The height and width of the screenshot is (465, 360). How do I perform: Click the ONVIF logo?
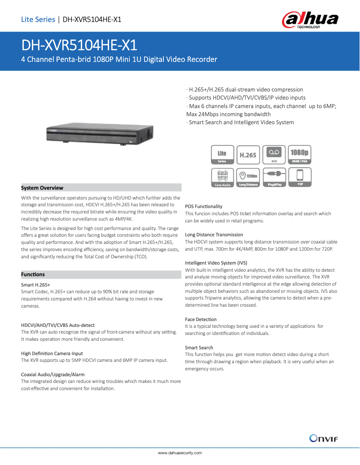click(323, 438)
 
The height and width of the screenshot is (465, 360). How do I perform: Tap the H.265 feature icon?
click(248, 155)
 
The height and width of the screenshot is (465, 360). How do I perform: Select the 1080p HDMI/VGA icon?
click(299, 155)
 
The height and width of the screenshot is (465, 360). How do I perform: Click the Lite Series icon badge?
click(222, 155)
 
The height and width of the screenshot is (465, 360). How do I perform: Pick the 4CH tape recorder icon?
click(274, 155)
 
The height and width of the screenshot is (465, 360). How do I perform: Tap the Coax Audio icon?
click(222, 177)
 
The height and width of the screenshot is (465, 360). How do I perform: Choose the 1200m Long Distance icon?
click(248, 177)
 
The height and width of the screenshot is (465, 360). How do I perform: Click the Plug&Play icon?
click(274, 177)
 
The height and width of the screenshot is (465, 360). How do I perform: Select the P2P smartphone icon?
click(299, 177)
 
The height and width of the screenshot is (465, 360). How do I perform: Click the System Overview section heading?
click(42, 188)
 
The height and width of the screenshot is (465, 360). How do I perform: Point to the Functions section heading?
click(33, 274)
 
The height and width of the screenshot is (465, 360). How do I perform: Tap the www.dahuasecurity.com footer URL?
click(180, 453)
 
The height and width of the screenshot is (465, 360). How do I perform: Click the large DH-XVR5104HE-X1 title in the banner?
click(79, 46)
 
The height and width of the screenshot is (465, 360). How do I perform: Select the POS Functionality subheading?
click(203, 206)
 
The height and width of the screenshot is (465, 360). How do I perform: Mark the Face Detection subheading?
click(201, 319)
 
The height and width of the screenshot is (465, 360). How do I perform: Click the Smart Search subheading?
click(199, 348)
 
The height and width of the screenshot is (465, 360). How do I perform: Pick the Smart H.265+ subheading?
click(35, 285)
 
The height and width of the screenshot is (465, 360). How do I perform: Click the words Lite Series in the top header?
click(38, 19)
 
